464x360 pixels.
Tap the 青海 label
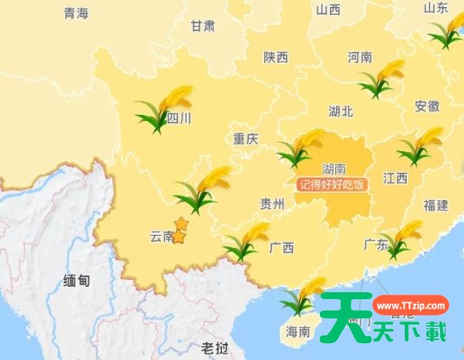coord(76,13)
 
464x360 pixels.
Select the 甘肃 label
coord(203,25)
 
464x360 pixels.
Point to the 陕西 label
coord(275,57)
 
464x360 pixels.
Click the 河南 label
coord(360,57)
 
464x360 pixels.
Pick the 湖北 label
coord(340,111)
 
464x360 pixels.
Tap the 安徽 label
coord(427,106)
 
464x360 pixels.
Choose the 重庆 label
coord(246,140)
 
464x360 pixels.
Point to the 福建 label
coord(435,205)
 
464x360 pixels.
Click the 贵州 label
coord(272,204)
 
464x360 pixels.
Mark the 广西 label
coord(282,248)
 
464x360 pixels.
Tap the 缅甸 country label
coord(76,281)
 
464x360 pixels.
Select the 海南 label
coord(298,332)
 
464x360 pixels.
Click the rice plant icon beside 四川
coord(163,108)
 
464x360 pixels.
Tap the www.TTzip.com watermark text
coord(412,306)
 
